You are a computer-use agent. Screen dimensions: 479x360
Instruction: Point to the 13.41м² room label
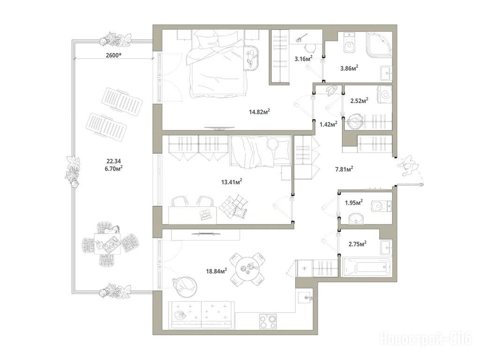pyautogui.click(x=232, y=182)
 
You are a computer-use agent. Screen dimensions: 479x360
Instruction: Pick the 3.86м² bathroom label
pyautogui.click(x=349, y=68)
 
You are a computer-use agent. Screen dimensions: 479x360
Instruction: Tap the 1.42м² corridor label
pyautogui.click(x=329, y=124)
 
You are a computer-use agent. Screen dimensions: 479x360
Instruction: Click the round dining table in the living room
pyautogui.click(x=247, y=268)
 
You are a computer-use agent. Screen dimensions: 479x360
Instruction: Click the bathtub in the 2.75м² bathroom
pyautogui.click(x=367, y=267)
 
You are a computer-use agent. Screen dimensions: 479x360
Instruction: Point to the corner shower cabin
pyautogui.click(x=379, y=45)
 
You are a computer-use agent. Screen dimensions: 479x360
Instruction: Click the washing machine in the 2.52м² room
pyautogui.click(x=384, y=93)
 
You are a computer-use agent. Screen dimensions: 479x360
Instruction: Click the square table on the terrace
pyautogui.click(x=107, y=244)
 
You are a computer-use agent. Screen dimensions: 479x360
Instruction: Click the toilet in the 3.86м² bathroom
pyautogui.click(x=349, y=43)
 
